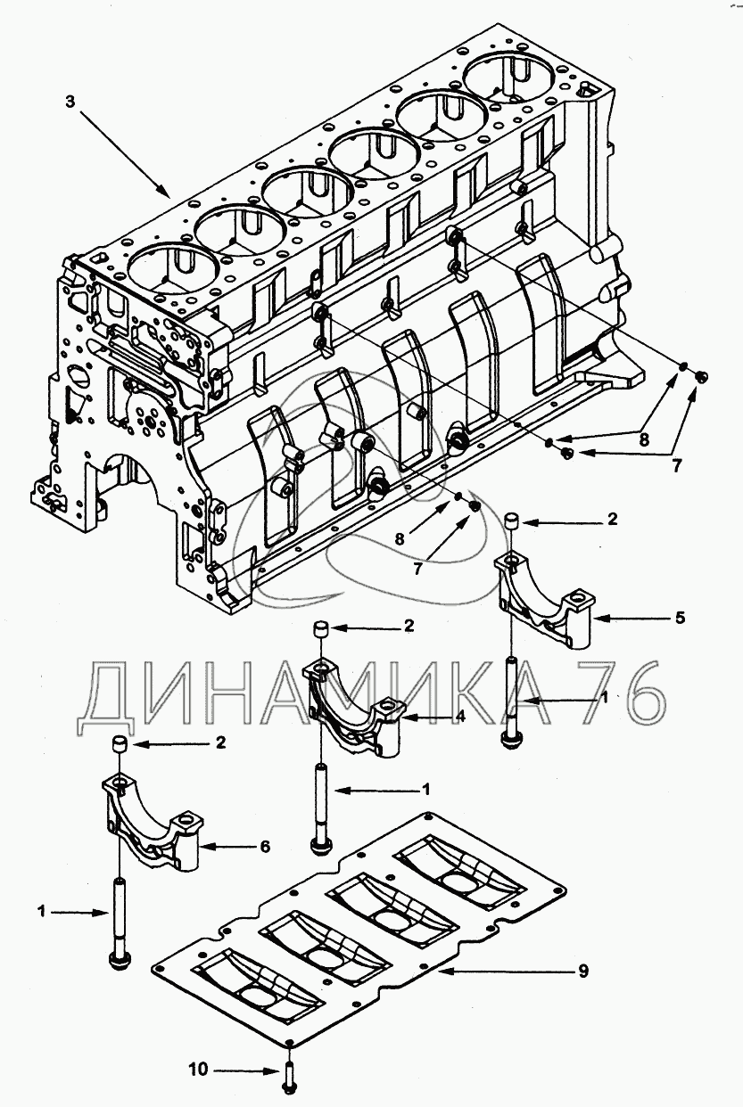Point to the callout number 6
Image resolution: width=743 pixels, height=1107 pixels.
[264, 846]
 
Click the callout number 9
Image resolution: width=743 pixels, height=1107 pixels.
[582, 971]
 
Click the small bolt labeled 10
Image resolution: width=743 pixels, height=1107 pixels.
[289, 1078]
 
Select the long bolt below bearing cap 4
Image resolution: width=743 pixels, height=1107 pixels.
[319, 807]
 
